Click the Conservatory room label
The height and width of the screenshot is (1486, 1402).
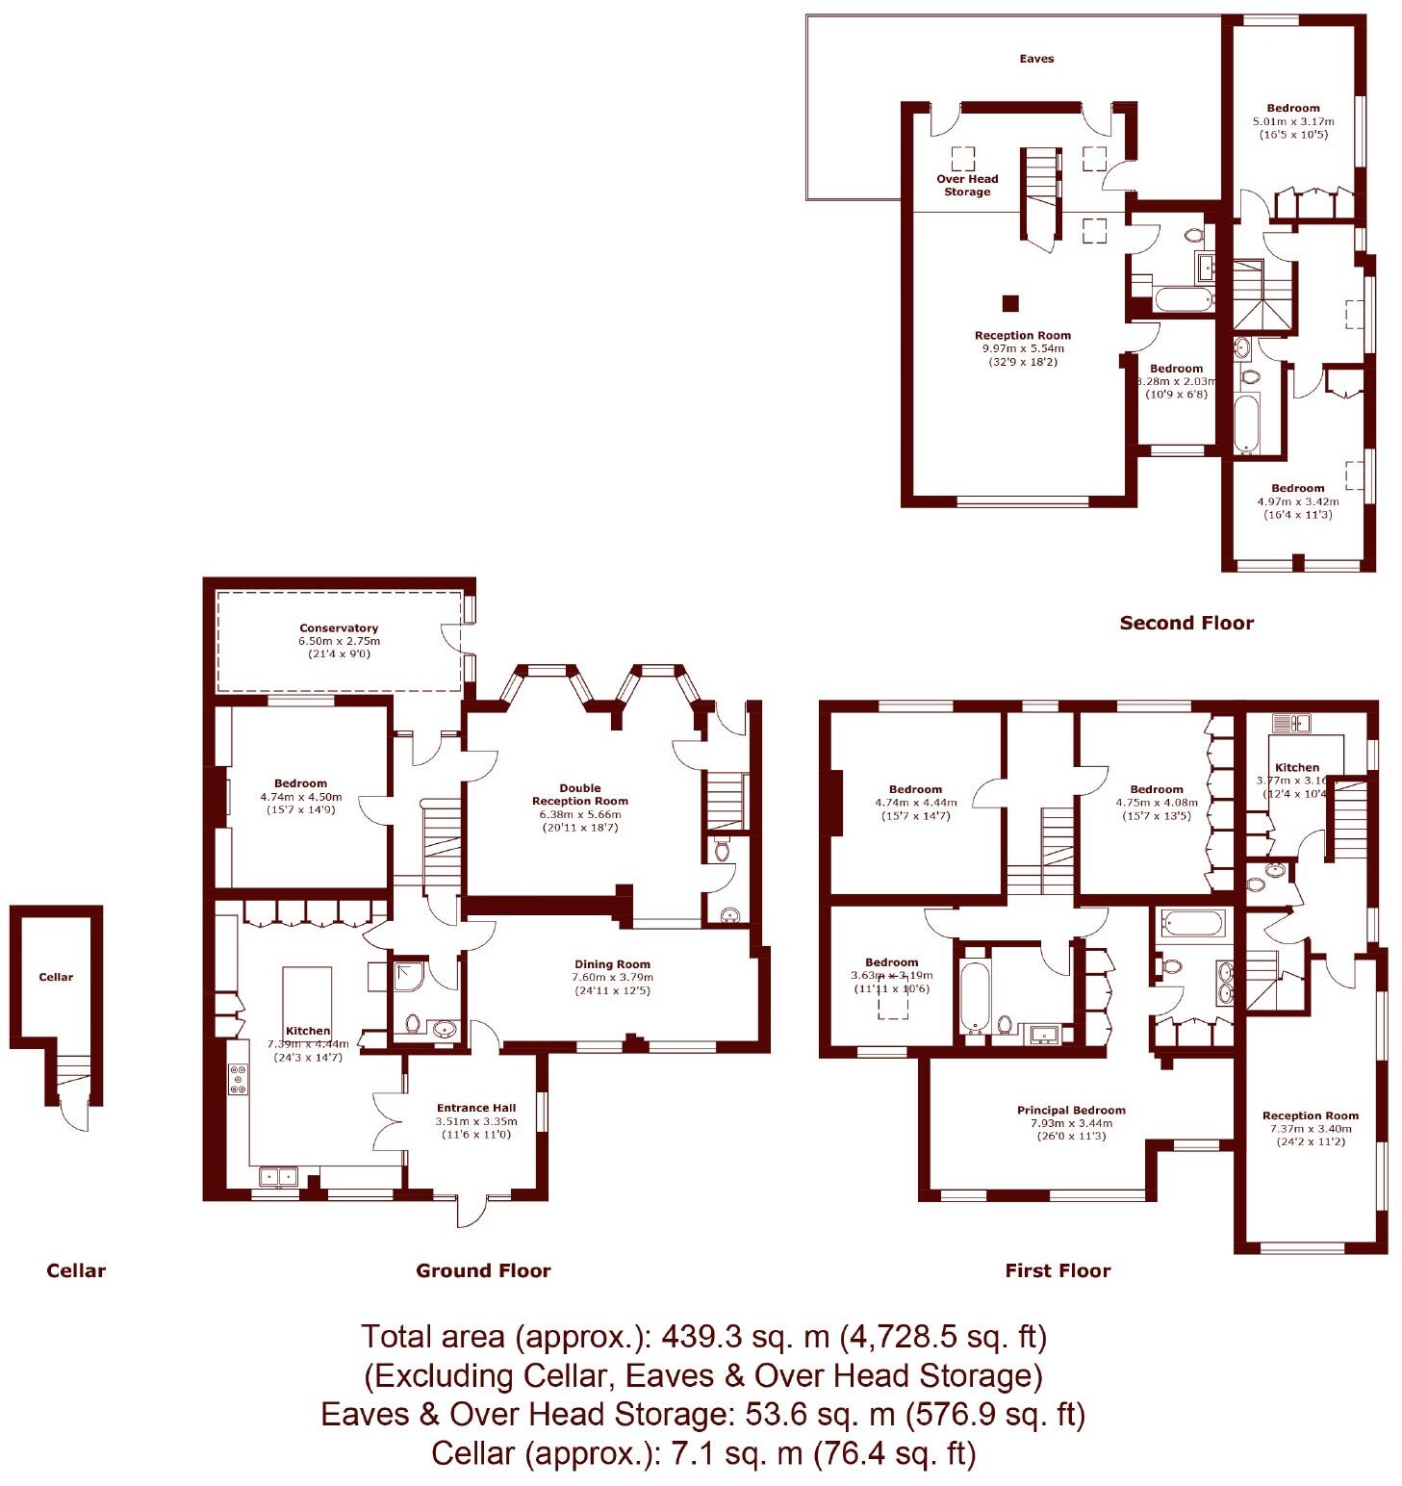(x=339, y=628)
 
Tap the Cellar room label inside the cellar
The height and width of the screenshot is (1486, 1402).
(x=56, y=977)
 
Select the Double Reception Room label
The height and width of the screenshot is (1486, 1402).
(x=580, y=794)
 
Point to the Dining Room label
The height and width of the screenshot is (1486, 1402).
(x=612, y=964)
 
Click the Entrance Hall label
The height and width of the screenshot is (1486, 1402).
(x=476, y=1108)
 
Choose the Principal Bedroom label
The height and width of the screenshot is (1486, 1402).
(x=1071, y=1111)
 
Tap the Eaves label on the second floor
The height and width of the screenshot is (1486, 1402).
(x=1036, y=59)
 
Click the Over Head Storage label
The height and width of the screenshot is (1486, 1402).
(x=967, y=185)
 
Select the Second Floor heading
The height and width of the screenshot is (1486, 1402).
(x=1186, y=623)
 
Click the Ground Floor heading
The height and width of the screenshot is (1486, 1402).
(x=483, y=1270)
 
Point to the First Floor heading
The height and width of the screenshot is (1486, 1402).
(x=1058, y=1270)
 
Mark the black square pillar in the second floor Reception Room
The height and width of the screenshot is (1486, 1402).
(x=1009, y=303)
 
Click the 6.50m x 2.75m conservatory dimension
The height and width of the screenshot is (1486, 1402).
(x=339, y=641)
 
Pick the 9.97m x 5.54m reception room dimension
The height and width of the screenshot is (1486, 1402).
(x=1023, y=348)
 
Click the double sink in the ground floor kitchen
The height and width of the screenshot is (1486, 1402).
(x=278, y=1176)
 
